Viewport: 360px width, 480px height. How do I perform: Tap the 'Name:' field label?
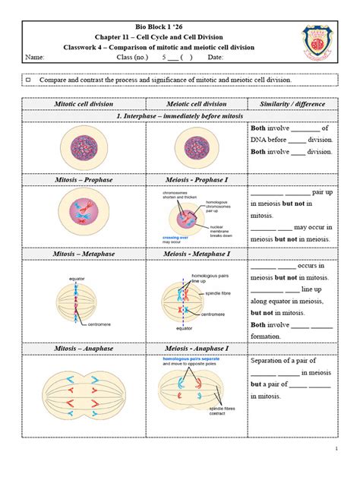tap(35, 58)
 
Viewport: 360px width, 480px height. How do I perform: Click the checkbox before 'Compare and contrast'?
tap(29, 79)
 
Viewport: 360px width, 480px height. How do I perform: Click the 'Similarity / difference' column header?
tap(292, 104)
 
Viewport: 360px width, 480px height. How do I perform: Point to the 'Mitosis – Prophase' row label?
tap(84, 179)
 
